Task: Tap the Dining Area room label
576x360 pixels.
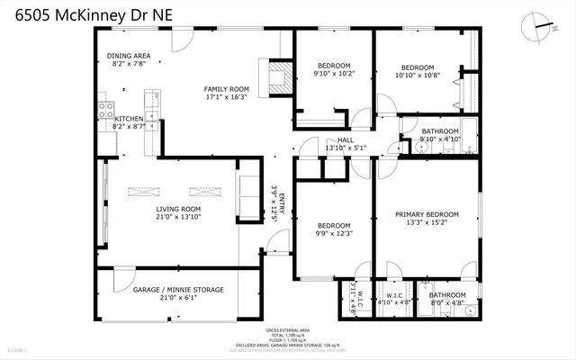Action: click(x=129, y=56)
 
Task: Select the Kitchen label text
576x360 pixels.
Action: click(x=128, y=119)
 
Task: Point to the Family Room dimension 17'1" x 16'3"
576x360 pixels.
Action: click(x=226, y=98)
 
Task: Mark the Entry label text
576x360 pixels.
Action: click(x=281, y=203)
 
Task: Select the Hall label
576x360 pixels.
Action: click(x=346, y=140)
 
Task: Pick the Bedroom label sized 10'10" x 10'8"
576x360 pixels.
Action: click(x=418, y=67)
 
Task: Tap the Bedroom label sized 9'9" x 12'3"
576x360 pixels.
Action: click(x=333, y=225)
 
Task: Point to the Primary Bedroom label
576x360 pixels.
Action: click(x=427, y=214)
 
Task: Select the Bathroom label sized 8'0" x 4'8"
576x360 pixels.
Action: click(x=446, y=294)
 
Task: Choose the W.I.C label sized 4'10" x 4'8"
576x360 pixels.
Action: click(x=394, y=294)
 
